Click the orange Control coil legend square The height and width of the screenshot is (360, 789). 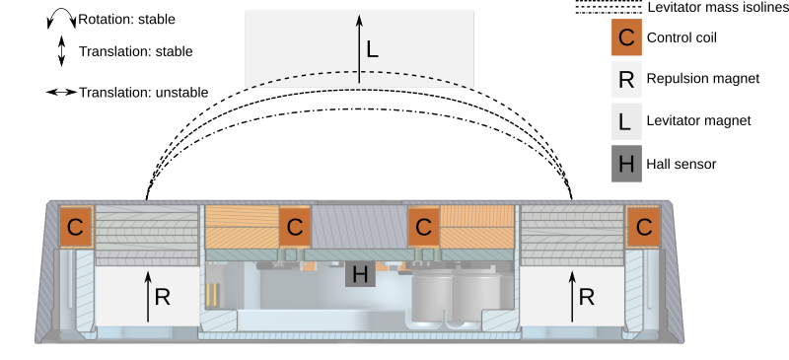tap(626, 38)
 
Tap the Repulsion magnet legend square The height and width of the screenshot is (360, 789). tap(626, 79)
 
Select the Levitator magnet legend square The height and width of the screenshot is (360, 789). tap(626, 120)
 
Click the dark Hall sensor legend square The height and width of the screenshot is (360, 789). tap(626, 163)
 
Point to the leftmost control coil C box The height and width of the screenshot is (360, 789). tap(75, 227)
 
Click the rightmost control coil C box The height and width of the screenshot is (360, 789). tap(645, 227)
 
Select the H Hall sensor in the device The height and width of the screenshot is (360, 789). tap(360, 274)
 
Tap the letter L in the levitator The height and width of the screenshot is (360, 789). tap(372, 48)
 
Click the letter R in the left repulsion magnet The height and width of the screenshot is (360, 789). tap(163, 296)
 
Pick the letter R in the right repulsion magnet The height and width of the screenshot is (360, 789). tap(587, 296)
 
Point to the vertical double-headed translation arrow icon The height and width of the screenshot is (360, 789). tap(61, 51)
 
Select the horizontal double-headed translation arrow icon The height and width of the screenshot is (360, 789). tap(61, 93)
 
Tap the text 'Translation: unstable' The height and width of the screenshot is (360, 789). tap(144, 93)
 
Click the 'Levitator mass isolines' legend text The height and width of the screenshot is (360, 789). tap(718, 8)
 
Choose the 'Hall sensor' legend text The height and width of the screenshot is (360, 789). tap(681, 164)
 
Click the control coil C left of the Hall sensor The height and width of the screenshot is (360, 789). tap(294, 227)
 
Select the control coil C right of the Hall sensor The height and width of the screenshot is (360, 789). tap(423, 227)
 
